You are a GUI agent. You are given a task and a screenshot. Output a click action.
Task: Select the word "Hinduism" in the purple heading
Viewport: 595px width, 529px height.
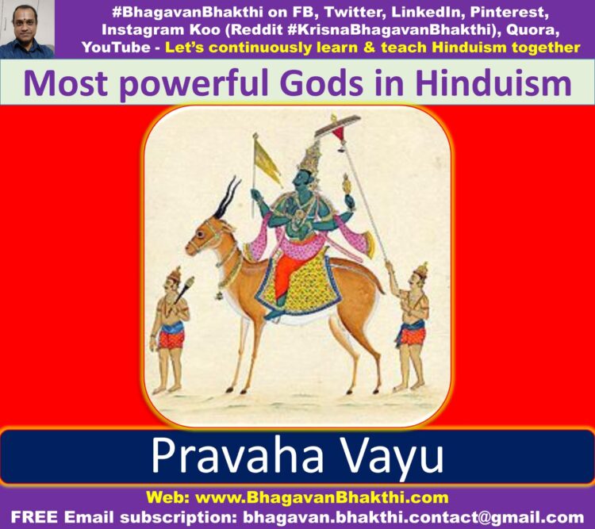click(493, 83)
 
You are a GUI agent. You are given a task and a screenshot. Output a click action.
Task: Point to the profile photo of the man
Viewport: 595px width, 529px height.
click(27, 29)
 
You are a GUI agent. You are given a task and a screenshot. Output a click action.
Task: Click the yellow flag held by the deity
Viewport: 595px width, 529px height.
click(267, 163)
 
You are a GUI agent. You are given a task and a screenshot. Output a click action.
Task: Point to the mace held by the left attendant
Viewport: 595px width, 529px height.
click(184, 289)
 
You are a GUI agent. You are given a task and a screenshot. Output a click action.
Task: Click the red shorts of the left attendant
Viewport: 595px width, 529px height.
click(171, 339)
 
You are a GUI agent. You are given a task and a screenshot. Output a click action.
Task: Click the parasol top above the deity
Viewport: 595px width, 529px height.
click(337, 125)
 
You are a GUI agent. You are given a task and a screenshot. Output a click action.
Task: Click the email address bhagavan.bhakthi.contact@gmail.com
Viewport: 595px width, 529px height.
click(413, 517)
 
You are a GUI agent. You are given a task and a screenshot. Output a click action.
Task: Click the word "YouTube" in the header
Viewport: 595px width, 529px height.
click(116, 47)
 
